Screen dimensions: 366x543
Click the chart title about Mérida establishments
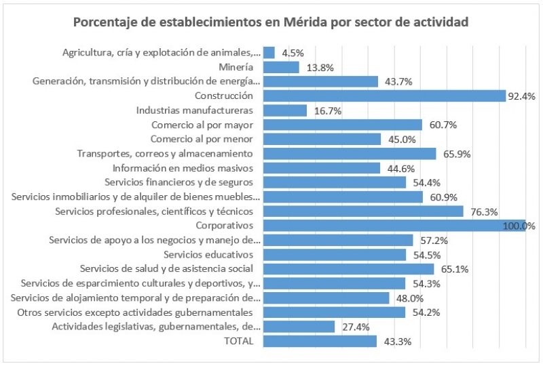[271, 22]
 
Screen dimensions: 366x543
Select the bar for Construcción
[384, 96]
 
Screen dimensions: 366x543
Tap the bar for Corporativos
[394, 226]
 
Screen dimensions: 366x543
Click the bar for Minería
[280, 66]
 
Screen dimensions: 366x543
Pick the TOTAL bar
[319, 341]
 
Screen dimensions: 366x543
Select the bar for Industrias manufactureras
[284, 110]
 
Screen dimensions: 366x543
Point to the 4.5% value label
[293, 53]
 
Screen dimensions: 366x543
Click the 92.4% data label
[522, 96]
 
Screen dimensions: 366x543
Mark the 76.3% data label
[480, 211]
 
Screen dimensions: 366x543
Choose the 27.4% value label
[351, 327]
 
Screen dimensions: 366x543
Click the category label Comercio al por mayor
[202, 125]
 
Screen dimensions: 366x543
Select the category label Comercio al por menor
[202, 139]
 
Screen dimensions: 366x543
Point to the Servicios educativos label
[208, 254]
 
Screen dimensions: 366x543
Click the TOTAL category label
[238, 341]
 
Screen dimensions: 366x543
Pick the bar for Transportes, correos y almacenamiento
[349, 153]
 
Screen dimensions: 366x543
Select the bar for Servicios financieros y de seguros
[334, 182]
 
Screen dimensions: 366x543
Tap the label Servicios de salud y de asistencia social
[167, 269]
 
